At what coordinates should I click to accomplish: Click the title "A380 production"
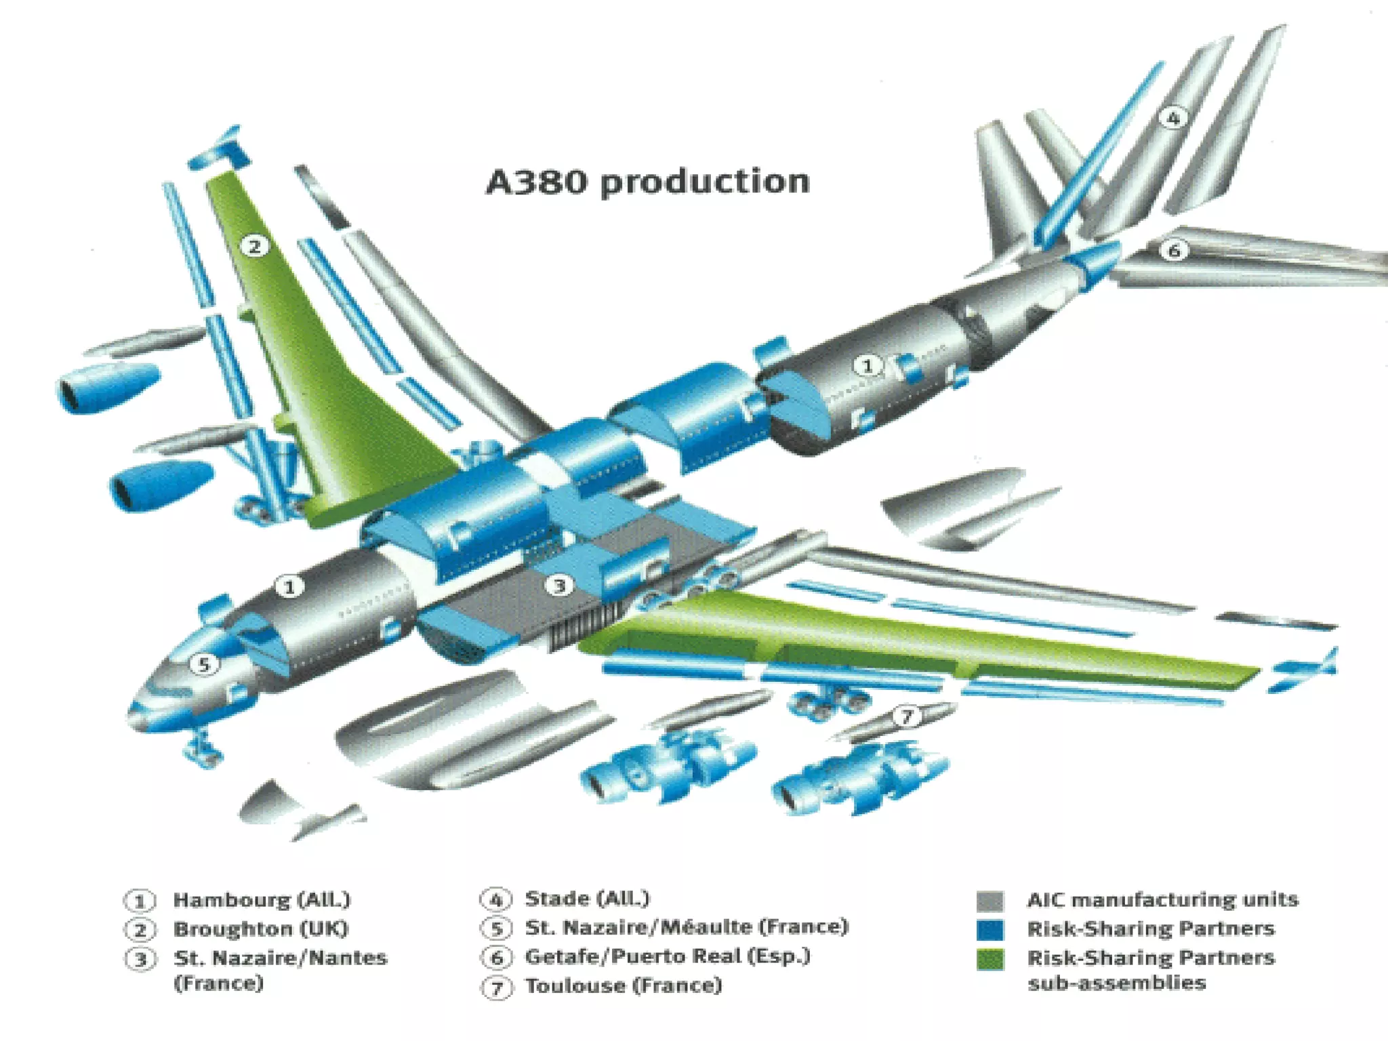click(648, 182)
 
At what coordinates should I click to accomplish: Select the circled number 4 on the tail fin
click(1172, 118)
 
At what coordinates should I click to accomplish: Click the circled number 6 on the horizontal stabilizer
click(1174, 251)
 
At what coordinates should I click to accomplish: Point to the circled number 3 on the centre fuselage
click(559, 585)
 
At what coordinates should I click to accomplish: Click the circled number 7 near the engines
click(907, 716)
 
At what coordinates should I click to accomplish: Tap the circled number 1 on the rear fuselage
click(867, 366)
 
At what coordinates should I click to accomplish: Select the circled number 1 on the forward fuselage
click(289, 586)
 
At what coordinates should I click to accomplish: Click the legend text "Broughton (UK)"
click(261, 928)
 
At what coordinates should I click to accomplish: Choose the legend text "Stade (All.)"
click(587, 899)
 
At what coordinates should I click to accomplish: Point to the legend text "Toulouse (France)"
click(624, 985)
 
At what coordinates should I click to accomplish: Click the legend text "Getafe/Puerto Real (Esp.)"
click(668, 956)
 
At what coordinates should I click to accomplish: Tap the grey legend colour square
click(989, 901)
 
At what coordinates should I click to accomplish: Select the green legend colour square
click(989, 959)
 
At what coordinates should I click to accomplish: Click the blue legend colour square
click(989, 929)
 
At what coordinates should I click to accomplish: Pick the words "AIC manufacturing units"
click(1163, 899)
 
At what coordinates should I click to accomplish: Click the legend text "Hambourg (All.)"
click(262, 900)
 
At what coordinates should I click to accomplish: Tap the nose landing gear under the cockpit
click(200, 747)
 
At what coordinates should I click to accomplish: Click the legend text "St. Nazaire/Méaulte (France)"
click(687, 927)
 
